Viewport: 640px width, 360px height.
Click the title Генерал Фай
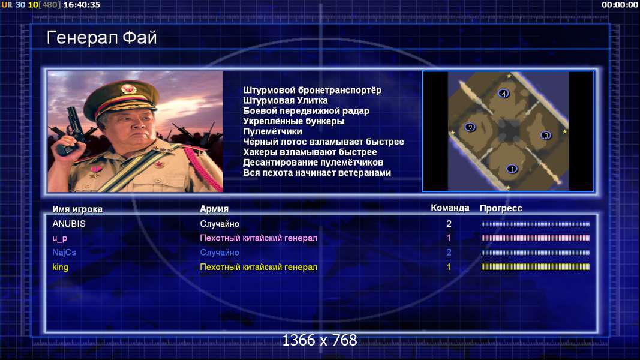(x=101, y=38)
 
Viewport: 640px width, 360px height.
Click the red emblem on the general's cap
(x=128, y=89)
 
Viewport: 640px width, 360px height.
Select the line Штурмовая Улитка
(x=285, y=100)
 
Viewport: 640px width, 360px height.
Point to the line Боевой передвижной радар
(x=306, y=110)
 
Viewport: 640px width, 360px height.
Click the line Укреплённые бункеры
(x=293, y=121)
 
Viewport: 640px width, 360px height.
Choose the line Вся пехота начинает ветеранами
(x=317, y=173)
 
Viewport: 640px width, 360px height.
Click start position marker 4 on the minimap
(x=504, y=94)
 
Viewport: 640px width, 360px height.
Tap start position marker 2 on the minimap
(x=470, y=127)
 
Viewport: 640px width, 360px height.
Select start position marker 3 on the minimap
(x=546, y=135)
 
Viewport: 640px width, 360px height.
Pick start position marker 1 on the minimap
(x=512, y=169)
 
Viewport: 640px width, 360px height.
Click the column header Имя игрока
(x=77, y=209)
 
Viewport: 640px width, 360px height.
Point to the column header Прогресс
(x=501, y=208)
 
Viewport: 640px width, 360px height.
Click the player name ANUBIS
(x=69, y=224)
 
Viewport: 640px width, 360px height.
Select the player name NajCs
(x=64, y=252)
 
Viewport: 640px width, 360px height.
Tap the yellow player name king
(x=60, y=267)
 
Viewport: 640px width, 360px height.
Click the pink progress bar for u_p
(x=535, y=238)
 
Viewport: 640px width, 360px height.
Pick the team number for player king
(x=449, y=267)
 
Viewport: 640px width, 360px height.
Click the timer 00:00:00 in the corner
(x=620, y=5)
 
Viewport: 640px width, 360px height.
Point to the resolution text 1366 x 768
(x=320, y=340)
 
